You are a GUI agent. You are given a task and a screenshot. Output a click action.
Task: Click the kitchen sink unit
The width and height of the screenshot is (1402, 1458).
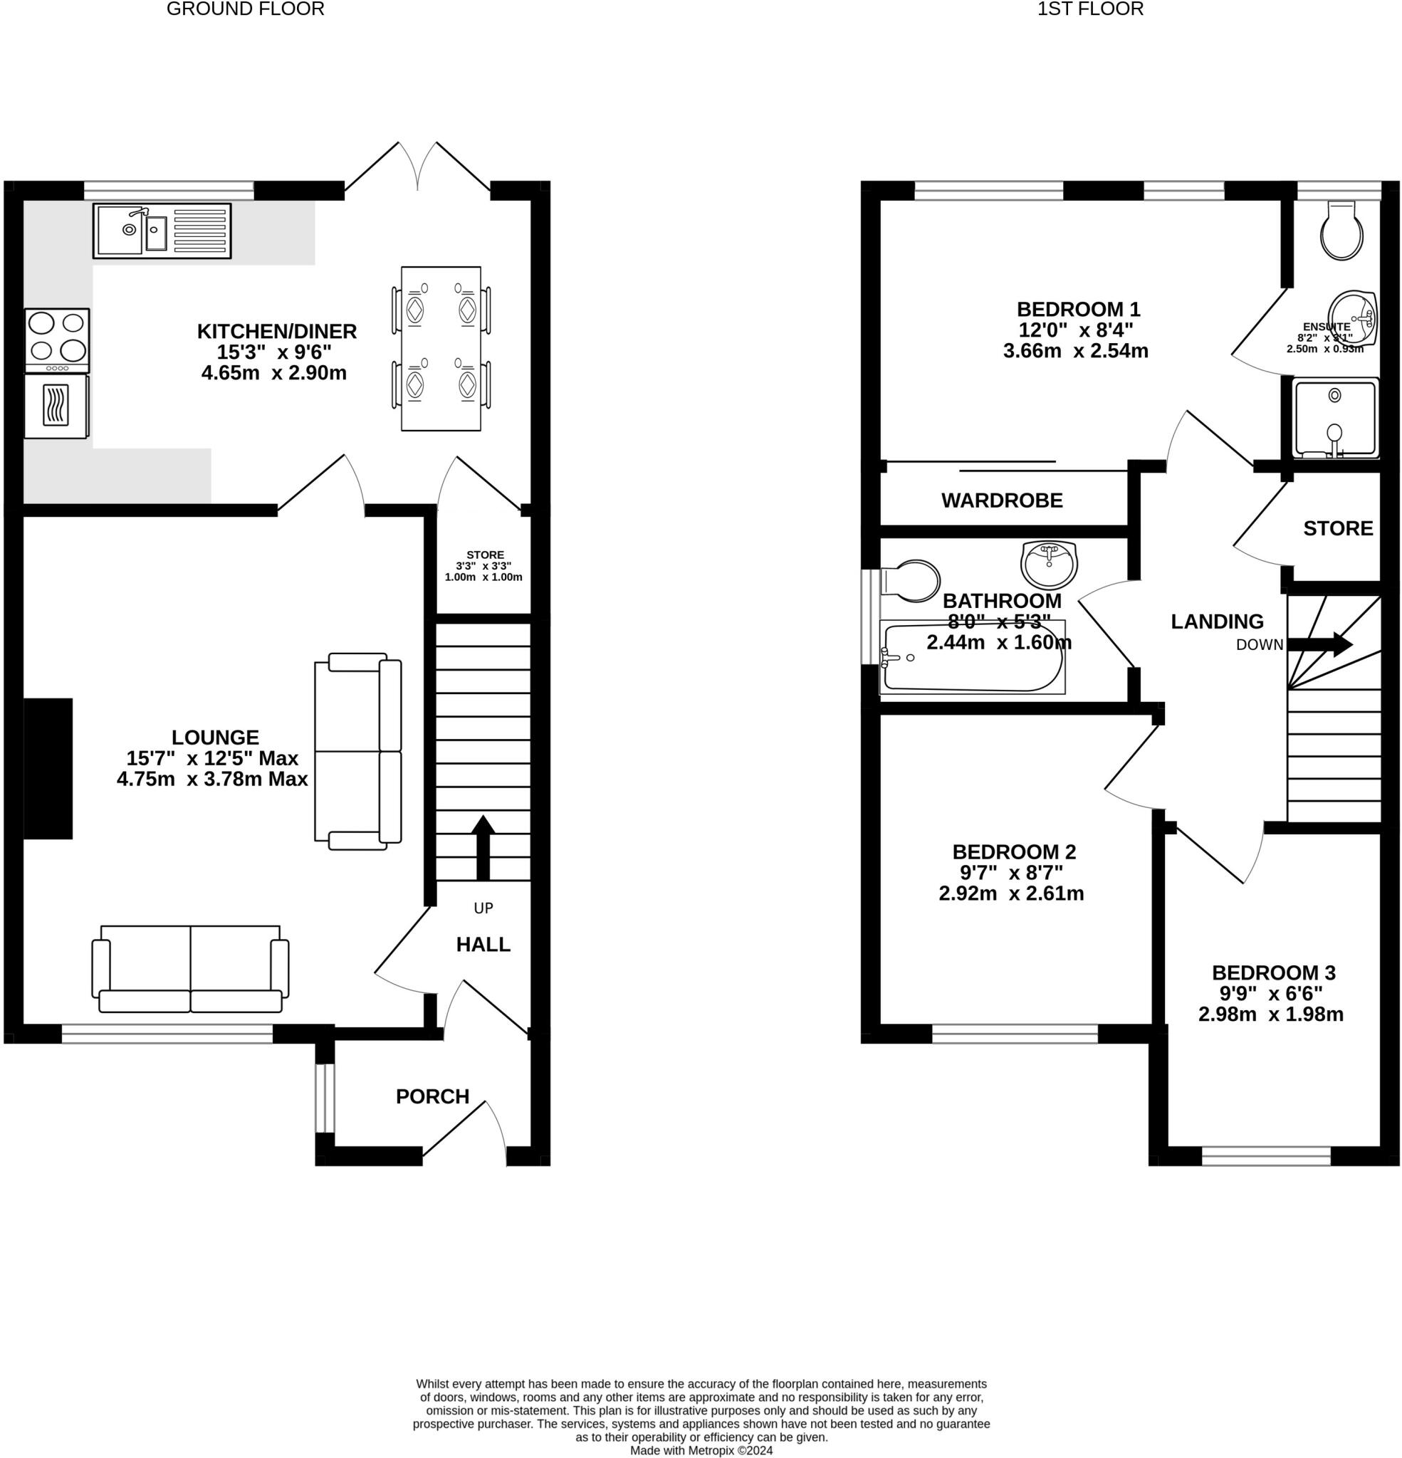(162, 231)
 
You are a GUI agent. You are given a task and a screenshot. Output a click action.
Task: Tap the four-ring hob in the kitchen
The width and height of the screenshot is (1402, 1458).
(56, 341)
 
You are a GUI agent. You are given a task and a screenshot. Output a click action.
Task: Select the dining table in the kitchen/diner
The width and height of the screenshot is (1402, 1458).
(441, 348)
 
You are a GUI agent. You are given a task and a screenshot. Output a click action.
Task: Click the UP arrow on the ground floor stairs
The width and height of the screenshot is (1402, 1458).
(483, 847)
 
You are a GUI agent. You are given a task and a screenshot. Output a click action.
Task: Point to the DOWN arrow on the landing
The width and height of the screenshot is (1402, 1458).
(1319, 644)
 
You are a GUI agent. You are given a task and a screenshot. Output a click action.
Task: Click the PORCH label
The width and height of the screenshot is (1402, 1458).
(432, 1096)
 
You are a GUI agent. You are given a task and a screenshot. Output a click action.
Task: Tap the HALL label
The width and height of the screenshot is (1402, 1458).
(483, 945)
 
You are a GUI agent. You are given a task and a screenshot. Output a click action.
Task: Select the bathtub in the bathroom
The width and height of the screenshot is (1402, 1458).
(972, 658)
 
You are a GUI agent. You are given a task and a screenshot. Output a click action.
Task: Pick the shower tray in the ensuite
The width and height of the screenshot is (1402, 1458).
(1335, 418)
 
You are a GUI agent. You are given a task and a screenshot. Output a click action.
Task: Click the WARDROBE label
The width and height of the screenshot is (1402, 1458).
(1002, 500)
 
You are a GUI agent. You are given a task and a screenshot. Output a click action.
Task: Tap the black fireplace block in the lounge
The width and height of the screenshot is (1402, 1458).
(48, 768)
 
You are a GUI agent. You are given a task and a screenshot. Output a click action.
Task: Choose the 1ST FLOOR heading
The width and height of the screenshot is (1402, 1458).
(1090, 9)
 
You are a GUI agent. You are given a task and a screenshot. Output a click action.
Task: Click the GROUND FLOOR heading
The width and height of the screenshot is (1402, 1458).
(246, 9)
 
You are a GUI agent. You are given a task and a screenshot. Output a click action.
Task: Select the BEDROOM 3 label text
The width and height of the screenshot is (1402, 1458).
(1273, 973)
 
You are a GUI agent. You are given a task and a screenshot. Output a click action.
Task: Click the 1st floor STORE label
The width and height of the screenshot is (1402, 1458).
(1338, 528)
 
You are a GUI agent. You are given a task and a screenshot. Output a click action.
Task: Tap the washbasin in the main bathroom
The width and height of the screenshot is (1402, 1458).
(1050, 564)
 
